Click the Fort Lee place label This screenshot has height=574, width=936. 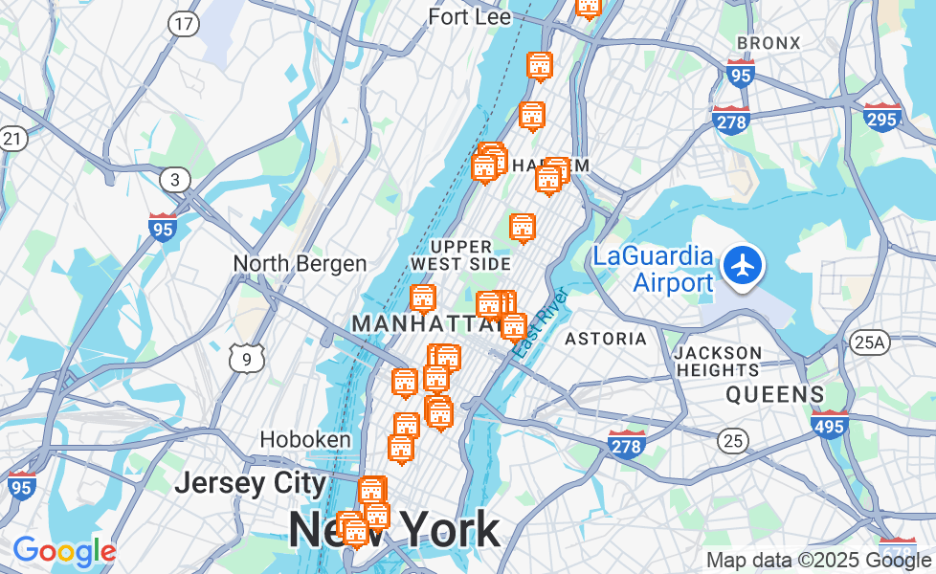[x=469, y=17]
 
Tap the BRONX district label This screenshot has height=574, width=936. [x=768, y=43]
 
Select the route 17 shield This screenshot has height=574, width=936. [x=183, y=25]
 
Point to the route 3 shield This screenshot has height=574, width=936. [x=175, y=179]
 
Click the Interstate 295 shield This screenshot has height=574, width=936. [x=881, y=117]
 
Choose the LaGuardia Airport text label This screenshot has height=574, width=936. [x=653, y=269]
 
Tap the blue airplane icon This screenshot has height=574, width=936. [x=743, y=264]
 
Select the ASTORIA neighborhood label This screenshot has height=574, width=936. [x=605, y=339]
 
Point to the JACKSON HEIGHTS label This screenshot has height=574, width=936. [x=718, y=362]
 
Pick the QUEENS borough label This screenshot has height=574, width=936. [x=774, y=394]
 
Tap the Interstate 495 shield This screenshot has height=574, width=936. [x=829, y=424]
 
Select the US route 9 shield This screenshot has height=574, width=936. [x=247, y=358]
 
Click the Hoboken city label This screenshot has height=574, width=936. [x=305, y=439]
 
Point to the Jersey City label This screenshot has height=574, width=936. [x=251, y=482]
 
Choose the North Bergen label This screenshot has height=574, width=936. [x=300, y=264]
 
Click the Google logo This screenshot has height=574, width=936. [x=63, y=551]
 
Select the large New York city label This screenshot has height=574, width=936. [x=393, y=529]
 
